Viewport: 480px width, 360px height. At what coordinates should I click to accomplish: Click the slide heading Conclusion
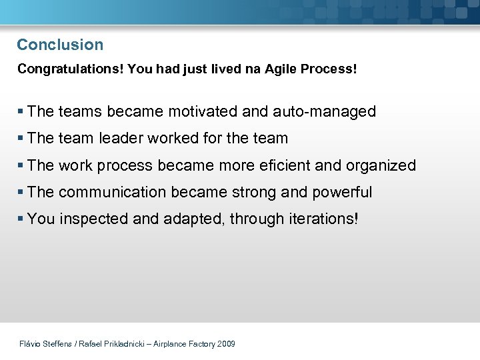pos(60,45)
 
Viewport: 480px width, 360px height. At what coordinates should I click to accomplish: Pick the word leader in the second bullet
pos(121,139)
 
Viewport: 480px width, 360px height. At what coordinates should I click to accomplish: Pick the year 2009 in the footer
pos(226,344)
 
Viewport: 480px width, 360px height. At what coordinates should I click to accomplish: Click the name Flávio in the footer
pos(30,344)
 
